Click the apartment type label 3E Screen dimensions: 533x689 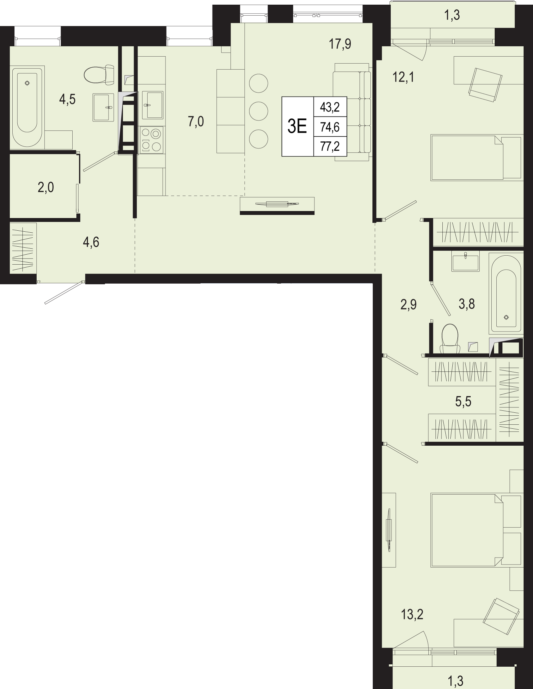point(297,127)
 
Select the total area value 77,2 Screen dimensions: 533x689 point(330,146)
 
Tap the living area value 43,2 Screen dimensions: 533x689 point(330,107)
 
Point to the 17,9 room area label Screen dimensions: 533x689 point(340,44)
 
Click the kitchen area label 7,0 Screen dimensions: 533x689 point(196,122)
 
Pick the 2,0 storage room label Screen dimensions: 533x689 point(46,188)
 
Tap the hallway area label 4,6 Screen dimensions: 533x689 point(91,242)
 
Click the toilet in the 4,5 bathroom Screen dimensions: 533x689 point(99,75)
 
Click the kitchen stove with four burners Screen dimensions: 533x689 point(152,139)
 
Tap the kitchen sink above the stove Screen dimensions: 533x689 point(153,105)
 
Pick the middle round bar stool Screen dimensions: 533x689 point(259,110)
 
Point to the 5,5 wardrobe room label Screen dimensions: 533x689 point(463,402)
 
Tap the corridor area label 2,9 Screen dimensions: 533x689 point(409,305)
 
